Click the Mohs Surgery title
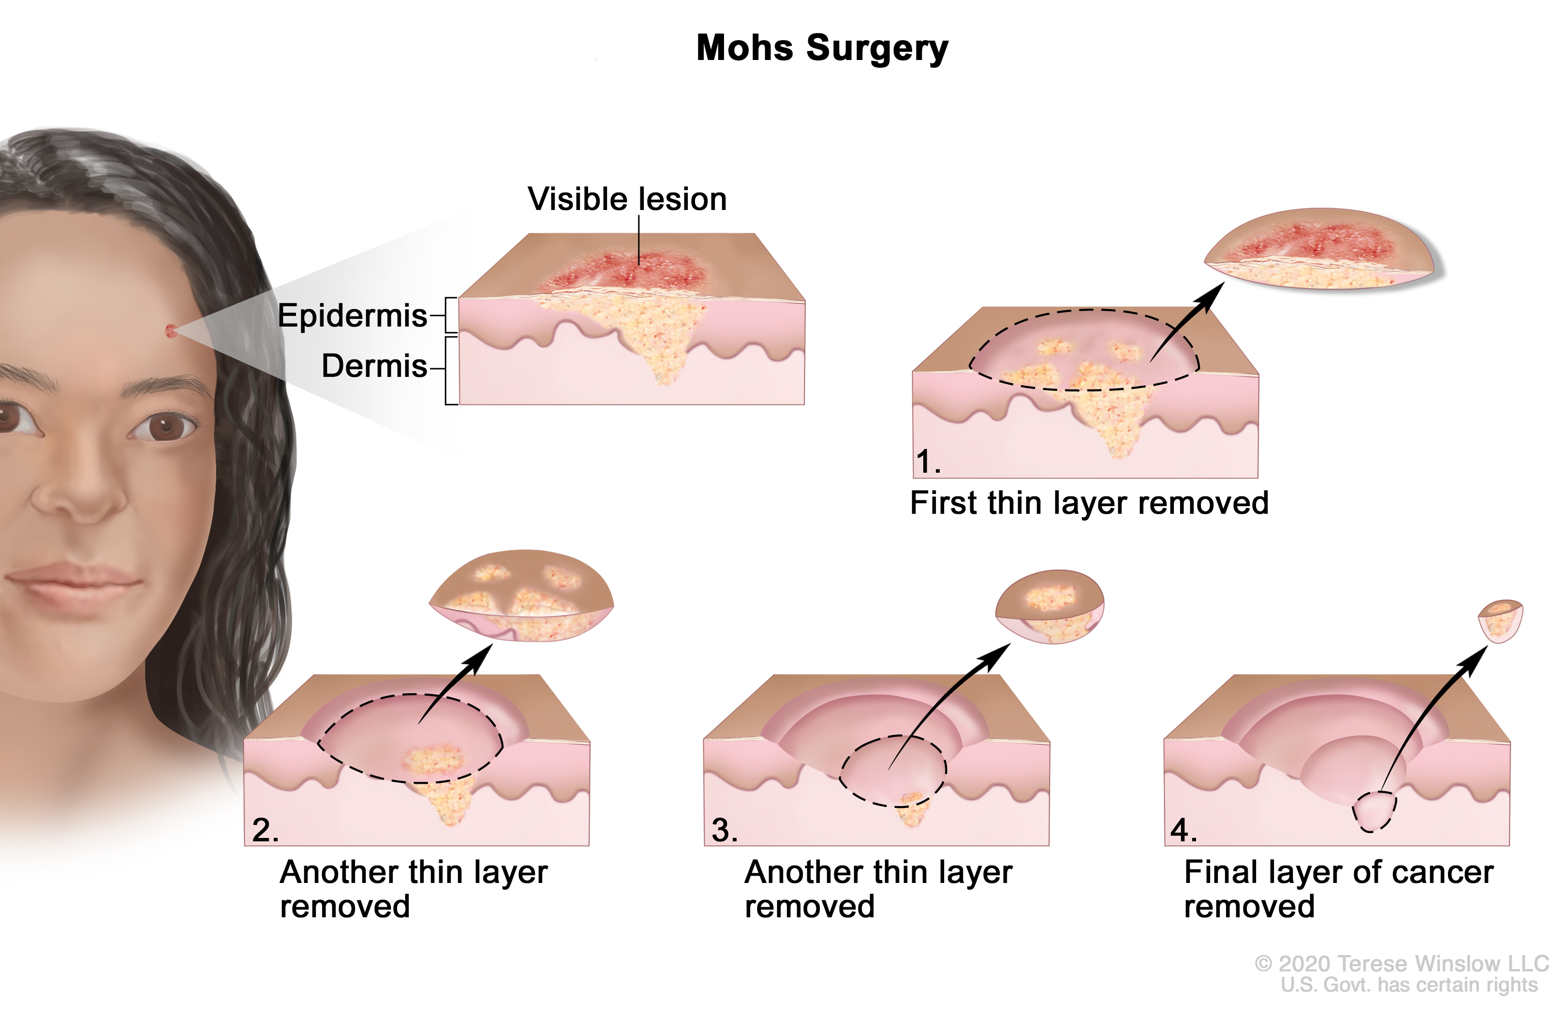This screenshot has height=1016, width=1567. tap(822, 48)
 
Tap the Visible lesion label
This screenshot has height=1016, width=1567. tap(627, 199)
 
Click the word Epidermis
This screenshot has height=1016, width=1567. tap(352, 315)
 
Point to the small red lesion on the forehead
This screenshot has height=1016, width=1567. tap(171, 330)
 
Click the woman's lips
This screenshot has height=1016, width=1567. tap(73, 583)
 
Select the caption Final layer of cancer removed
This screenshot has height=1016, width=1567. tap(1338, 889)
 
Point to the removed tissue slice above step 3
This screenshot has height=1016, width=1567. tap(1050, 606)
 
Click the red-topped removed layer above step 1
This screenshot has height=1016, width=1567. tap(1319, 250)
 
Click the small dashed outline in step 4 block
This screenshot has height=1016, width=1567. tap(1374, 812)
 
